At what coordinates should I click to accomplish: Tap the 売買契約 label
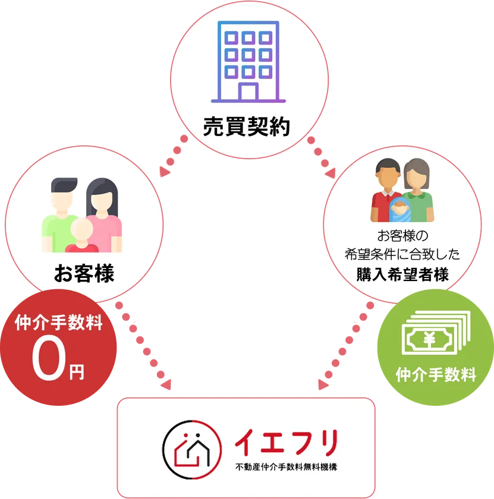pyautogui.click(x=247, y=127)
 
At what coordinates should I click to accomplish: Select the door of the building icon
pyautogui.click(x=247, y=91)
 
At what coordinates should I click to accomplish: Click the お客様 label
pyautogui.click(x=84, y=274)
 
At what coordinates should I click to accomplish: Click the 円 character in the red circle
pyautogui.click(x=77, y=372)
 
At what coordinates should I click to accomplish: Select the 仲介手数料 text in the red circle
pyautogui.click(x=58, y=324)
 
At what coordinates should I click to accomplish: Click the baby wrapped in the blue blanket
pyautogui.click(x=399, y=208)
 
